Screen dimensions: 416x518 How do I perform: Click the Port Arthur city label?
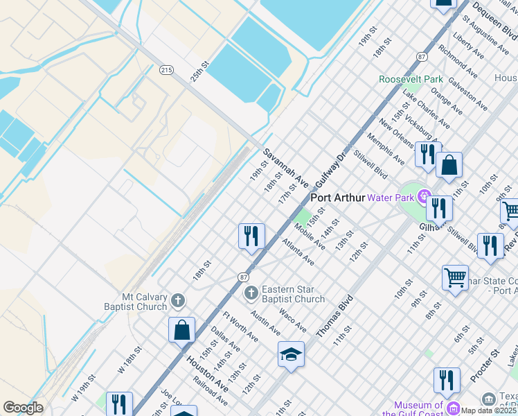tap(337, 198)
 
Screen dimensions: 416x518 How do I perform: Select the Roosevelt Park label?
tap(411, 79)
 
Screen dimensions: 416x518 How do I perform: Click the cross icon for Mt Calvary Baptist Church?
tap(178, 300)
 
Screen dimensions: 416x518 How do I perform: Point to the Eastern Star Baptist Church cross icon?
tap(251, 294)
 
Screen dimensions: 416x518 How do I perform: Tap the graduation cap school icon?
tap(291, 354)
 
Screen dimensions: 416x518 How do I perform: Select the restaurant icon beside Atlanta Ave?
tap(251, 235)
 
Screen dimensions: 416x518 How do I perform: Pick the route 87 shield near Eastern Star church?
tap(244, 277)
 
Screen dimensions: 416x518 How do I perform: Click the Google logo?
tap(23, 408)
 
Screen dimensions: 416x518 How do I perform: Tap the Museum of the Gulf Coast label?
tap(418, 410)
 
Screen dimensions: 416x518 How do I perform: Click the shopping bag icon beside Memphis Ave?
tap(449, 166)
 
